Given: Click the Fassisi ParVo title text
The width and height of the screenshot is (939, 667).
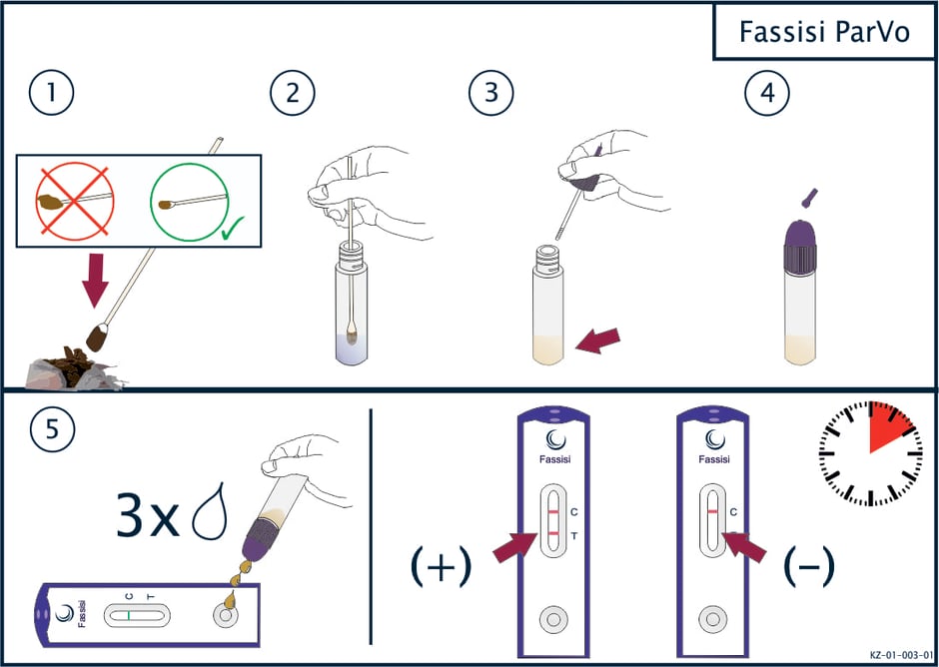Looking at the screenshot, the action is [824, 32].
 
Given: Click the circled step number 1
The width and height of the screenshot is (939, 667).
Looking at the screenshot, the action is [52, 94].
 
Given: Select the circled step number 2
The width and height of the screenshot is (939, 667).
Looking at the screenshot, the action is [293, 94].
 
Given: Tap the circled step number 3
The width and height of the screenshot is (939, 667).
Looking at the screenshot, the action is [491, 94].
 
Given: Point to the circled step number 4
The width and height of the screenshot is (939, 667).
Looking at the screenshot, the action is [767, 94].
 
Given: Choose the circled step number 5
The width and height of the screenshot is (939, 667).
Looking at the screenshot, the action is [52, 430].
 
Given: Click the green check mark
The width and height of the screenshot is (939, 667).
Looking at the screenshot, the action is [233, 230].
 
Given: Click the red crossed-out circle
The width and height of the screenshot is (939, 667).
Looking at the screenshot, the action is [75, 200].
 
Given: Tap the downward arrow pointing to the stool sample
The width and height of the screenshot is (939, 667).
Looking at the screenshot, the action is [95, 281].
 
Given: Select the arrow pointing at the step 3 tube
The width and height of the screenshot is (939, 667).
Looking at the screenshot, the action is [597, 340].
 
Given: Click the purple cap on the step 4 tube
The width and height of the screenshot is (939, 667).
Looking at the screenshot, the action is [800, 245].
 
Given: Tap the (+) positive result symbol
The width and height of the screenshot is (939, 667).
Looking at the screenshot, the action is [441, 566].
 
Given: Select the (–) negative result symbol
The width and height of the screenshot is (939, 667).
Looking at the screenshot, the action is [809, 566].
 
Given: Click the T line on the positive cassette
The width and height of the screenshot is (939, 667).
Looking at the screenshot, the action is [554, 533].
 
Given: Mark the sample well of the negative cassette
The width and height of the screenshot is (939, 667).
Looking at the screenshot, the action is [712, 618].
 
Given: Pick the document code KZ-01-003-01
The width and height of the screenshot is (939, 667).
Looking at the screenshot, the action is [901, 655].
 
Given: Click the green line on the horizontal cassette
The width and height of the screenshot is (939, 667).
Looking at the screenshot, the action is [129, 615].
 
